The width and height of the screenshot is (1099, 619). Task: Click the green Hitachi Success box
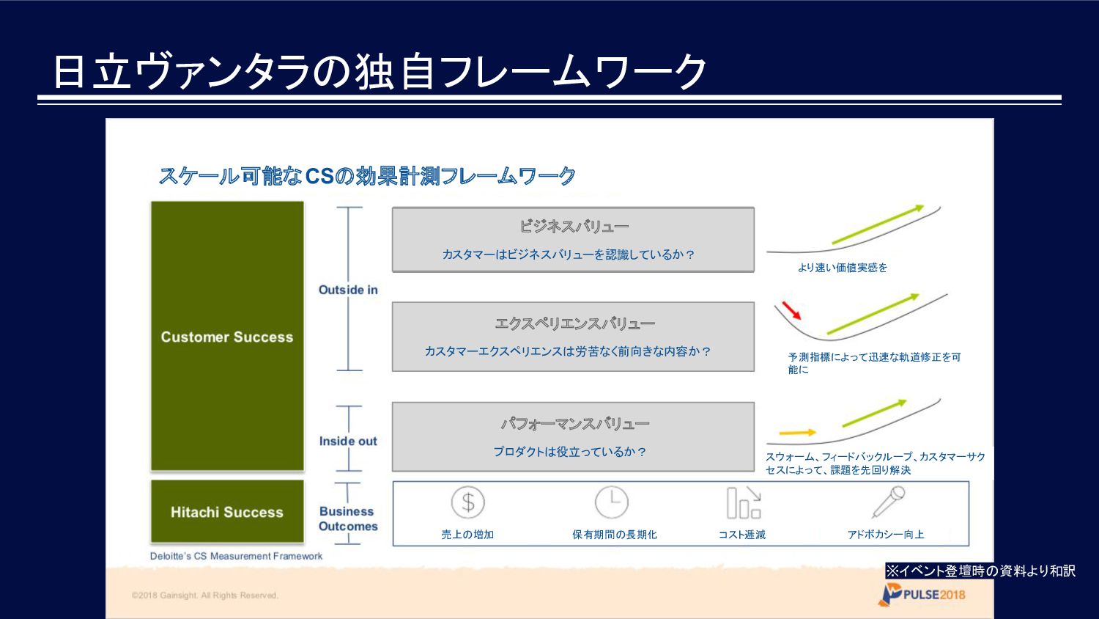pyautogui.click(x=227, y=511)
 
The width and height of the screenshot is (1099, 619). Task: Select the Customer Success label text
pyautogui.click(x=227, y=337)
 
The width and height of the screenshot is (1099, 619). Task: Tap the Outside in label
pyautogui.click(x=348, y=290)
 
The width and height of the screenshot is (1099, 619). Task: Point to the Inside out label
pyautogui.click(x=348, y=442)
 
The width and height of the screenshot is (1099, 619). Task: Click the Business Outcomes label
pyautogui.click(x=348, y=519)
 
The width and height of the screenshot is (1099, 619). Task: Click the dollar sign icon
pyautogui.click(x=468, y=502)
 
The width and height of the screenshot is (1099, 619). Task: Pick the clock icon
pyautogui.click(x=611, y=502)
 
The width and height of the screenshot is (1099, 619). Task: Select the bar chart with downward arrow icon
pyautogui.click(x=744, y=502)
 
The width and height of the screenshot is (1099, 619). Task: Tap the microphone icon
pyautogui.click(x=889, y=502)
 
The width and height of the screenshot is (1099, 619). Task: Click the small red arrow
pyautogui.click(x=791, y=310)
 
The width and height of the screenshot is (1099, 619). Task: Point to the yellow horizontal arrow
pyautogui.click(x=798, y=432)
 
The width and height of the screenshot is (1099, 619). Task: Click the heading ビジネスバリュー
pyautogui.click(x=574, y=227)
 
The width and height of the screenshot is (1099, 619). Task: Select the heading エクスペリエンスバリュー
pyautogui.click(x=574, y=323)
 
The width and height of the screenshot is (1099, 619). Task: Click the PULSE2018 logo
pyautogui.click(x=922, y=595)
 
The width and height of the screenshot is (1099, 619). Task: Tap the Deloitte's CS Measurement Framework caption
pyautogui.click(x=236, y=556)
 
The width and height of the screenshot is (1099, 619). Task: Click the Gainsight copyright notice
pyautogui.click(x=204, y=596)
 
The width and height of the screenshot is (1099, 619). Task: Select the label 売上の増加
pyautogui.click(x=467, y=535)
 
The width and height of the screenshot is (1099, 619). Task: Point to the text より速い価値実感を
pyautogui.click(x=843, y=268)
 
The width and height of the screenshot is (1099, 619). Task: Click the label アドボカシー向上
pyautogui.click(x=886, y=535)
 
